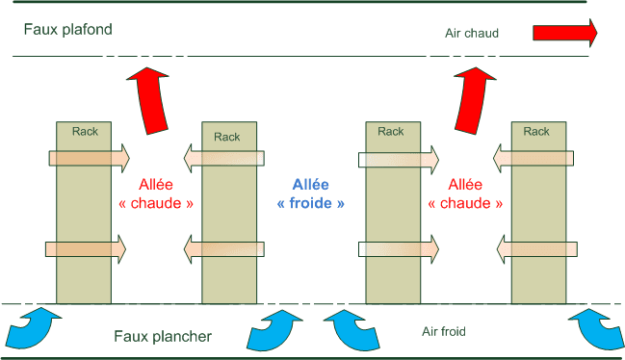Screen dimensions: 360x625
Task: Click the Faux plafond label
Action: click(x=68, y=29)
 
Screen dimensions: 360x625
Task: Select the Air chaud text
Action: click(x=472, y=34)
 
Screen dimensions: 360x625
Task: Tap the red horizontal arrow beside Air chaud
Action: click(x=564, y=34)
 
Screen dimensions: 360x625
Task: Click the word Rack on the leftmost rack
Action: click(x=86, y=131)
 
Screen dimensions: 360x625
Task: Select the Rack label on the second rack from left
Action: click(x=227, y=137)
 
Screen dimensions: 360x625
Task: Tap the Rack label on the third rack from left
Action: click(x=391, y=131)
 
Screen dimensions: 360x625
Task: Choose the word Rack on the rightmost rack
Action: click(x=537, y=131)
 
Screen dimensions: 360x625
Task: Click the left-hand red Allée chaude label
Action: click(x=156, y=193)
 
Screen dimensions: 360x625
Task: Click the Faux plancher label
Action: click(x=163, y=336)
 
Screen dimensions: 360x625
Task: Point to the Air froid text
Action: click(x=444, y=332)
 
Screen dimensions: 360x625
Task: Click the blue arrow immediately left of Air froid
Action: click(x=351, y=330)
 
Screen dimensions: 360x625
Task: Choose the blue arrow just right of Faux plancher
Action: click(x=273, y=330)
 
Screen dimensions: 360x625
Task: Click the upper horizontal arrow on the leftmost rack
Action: click(x=86, y=157)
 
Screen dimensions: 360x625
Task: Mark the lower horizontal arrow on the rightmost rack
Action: click(x=537, y=249)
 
